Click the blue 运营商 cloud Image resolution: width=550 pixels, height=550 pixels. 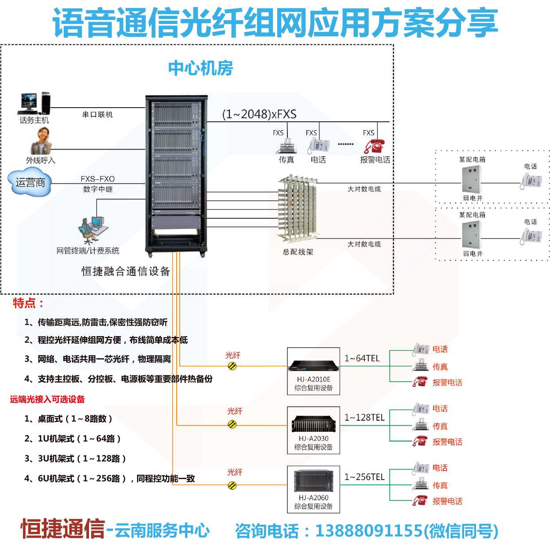coord(30,182)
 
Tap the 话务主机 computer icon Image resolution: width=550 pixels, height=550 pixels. coord(34,103)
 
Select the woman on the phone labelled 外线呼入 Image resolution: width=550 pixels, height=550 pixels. coord(41,140)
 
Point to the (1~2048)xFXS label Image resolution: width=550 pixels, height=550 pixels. coord(259,114)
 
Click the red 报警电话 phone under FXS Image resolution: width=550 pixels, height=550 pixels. coord(374,146)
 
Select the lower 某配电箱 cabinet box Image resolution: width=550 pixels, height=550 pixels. coord(471,235)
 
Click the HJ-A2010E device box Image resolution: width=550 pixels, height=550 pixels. coord(314,371)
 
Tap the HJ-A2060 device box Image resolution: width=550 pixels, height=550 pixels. coord(314,489)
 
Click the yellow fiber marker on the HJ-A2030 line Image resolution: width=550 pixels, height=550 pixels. coord(232,425)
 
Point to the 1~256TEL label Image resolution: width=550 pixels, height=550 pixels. coord(364,477)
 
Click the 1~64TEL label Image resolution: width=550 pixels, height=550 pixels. coord(362,358)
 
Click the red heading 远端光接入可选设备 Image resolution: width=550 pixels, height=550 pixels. coord(47,399)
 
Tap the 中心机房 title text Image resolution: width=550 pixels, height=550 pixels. coord(201,68)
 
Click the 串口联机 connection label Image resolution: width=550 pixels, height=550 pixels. coord(97,114)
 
